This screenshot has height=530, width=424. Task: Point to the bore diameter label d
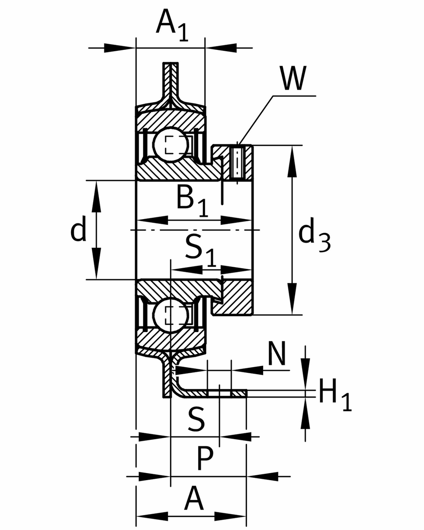coord(78,230)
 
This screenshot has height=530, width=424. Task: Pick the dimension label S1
coord(201,250)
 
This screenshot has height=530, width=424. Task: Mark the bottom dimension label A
coord(194,499)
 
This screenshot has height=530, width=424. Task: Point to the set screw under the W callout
coord(237,162)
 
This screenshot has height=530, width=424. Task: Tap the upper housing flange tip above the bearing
coord(171,71)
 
